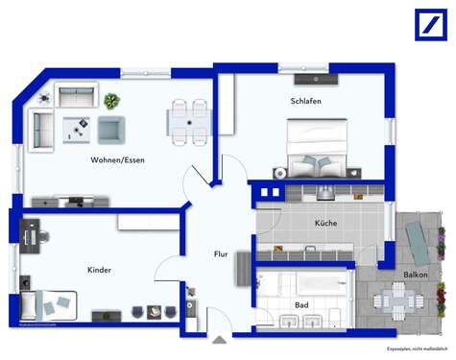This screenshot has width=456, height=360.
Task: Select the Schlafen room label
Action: (x=305, y=101)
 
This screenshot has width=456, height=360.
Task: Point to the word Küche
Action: (x=325, y=223)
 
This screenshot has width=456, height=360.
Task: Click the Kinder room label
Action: (x=99, y=270)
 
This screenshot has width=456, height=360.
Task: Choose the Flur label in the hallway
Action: (x=220, y=253)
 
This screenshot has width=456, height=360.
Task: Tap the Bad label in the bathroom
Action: (x=300, y=305)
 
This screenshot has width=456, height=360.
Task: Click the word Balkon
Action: (x=416, y=275)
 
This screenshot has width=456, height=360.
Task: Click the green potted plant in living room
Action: (x=111, y=100)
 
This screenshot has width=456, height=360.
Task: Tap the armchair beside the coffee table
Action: (x=111, y=129)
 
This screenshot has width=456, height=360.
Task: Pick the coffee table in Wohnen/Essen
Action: (x=77, y=128)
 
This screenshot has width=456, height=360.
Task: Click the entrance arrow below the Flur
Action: (x=220, y=338)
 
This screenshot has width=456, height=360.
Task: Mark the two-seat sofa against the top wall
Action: (x=75, y=95)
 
